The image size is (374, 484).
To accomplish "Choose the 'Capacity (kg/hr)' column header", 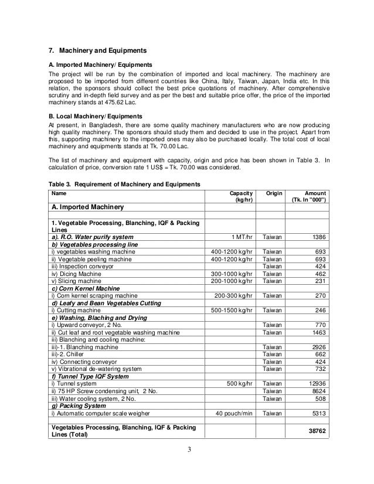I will point(241,196).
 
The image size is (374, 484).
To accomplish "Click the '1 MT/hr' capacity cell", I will point(242,237).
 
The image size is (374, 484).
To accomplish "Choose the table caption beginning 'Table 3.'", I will point(124,184).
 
